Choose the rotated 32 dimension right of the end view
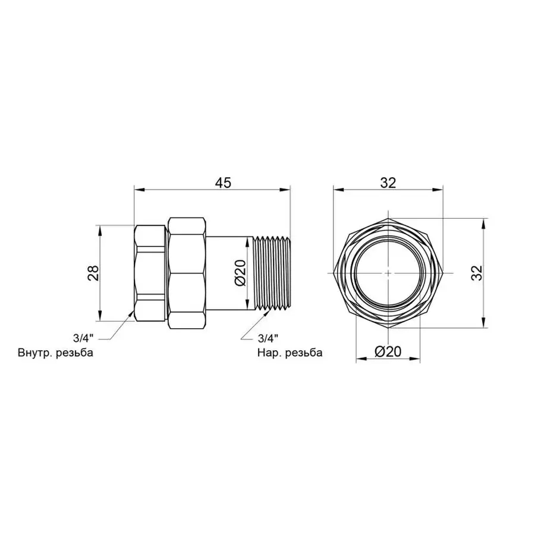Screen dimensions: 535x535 click(x=476, y=272)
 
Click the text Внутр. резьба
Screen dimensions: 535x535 click(x=56, y=353)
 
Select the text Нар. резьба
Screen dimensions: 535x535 click(x=289, y=353)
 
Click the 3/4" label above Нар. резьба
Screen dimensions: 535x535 click(x=267, y=338)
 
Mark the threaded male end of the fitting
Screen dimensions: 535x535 click(x=272, y=273)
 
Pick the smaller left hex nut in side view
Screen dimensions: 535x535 click(x=150, y=273)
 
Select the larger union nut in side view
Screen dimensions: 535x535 click(x=187, y=273)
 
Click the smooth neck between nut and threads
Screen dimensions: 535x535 click(x=229, y=273)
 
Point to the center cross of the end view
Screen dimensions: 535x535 click(x=388, y=273)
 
